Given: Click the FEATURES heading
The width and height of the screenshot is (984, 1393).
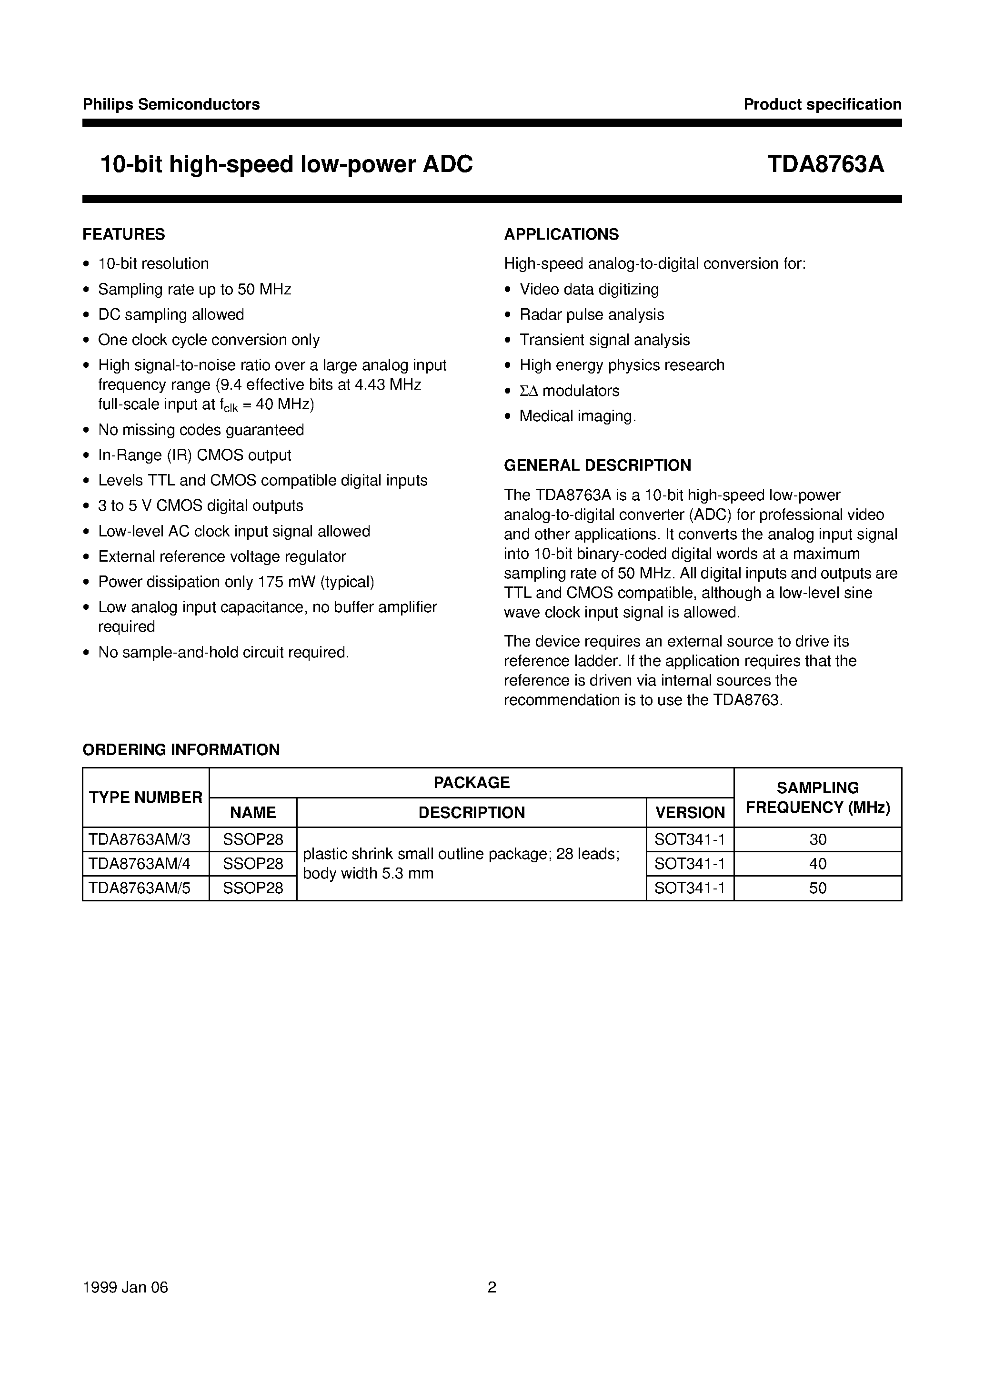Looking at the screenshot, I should pos(124,234).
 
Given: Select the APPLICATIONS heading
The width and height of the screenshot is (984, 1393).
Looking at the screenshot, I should pos(561,234).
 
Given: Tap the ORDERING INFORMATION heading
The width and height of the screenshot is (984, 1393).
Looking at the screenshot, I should pos(181,750).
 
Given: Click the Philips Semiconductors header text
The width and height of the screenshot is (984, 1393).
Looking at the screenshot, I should pos(171,104).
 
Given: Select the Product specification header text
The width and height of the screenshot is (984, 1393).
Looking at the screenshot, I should pos(822,104).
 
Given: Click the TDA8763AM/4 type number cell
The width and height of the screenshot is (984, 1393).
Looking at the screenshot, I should pos(140,863).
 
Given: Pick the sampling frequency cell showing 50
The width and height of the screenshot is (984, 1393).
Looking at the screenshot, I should pos(817,888).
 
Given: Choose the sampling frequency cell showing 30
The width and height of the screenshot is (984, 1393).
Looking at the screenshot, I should pos(817,840).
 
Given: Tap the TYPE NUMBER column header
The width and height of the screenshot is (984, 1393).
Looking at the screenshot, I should pos(146,797).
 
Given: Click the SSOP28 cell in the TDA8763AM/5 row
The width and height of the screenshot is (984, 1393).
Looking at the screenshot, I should pos(253,888).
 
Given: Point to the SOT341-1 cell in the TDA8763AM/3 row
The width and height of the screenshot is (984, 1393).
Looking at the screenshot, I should pos(690,840).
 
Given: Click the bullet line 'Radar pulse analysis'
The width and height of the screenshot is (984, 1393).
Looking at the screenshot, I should pos(592,314).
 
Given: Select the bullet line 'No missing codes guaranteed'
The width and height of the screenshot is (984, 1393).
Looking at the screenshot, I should pos(201,430).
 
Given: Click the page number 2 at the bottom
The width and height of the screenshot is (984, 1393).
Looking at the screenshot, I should pos(492,1287).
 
